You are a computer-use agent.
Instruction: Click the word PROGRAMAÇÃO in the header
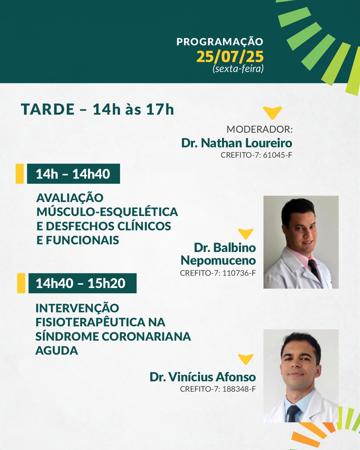coord(220,42)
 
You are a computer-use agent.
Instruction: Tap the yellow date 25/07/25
coord(230,57)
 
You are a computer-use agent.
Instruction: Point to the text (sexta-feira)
coord(238,69)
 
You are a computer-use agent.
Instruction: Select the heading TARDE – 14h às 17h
coord(97,109)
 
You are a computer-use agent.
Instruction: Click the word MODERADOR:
coord(260,129)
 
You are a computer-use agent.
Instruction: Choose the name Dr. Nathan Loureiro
coord(237,143)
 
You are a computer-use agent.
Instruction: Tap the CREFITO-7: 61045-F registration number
coord(256,155)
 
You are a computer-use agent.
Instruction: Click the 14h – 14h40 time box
coord(73,174)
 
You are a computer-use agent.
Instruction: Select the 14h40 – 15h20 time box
coord(82,283)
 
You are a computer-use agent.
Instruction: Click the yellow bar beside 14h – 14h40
coord(20,174)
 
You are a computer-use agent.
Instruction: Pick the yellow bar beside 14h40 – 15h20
coord(21,283)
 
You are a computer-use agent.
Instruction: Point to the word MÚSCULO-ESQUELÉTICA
coord(107,212)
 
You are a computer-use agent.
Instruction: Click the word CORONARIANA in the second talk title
coord(146,336)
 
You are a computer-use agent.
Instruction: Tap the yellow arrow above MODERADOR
coord(272,113)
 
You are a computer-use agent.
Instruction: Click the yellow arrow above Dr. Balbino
coord(246,234)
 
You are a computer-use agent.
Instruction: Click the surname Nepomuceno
coord(218,261)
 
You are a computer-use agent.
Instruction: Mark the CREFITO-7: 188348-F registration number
coord(218,389)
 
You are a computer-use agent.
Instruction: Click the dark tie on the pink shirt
coord(314,269)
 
